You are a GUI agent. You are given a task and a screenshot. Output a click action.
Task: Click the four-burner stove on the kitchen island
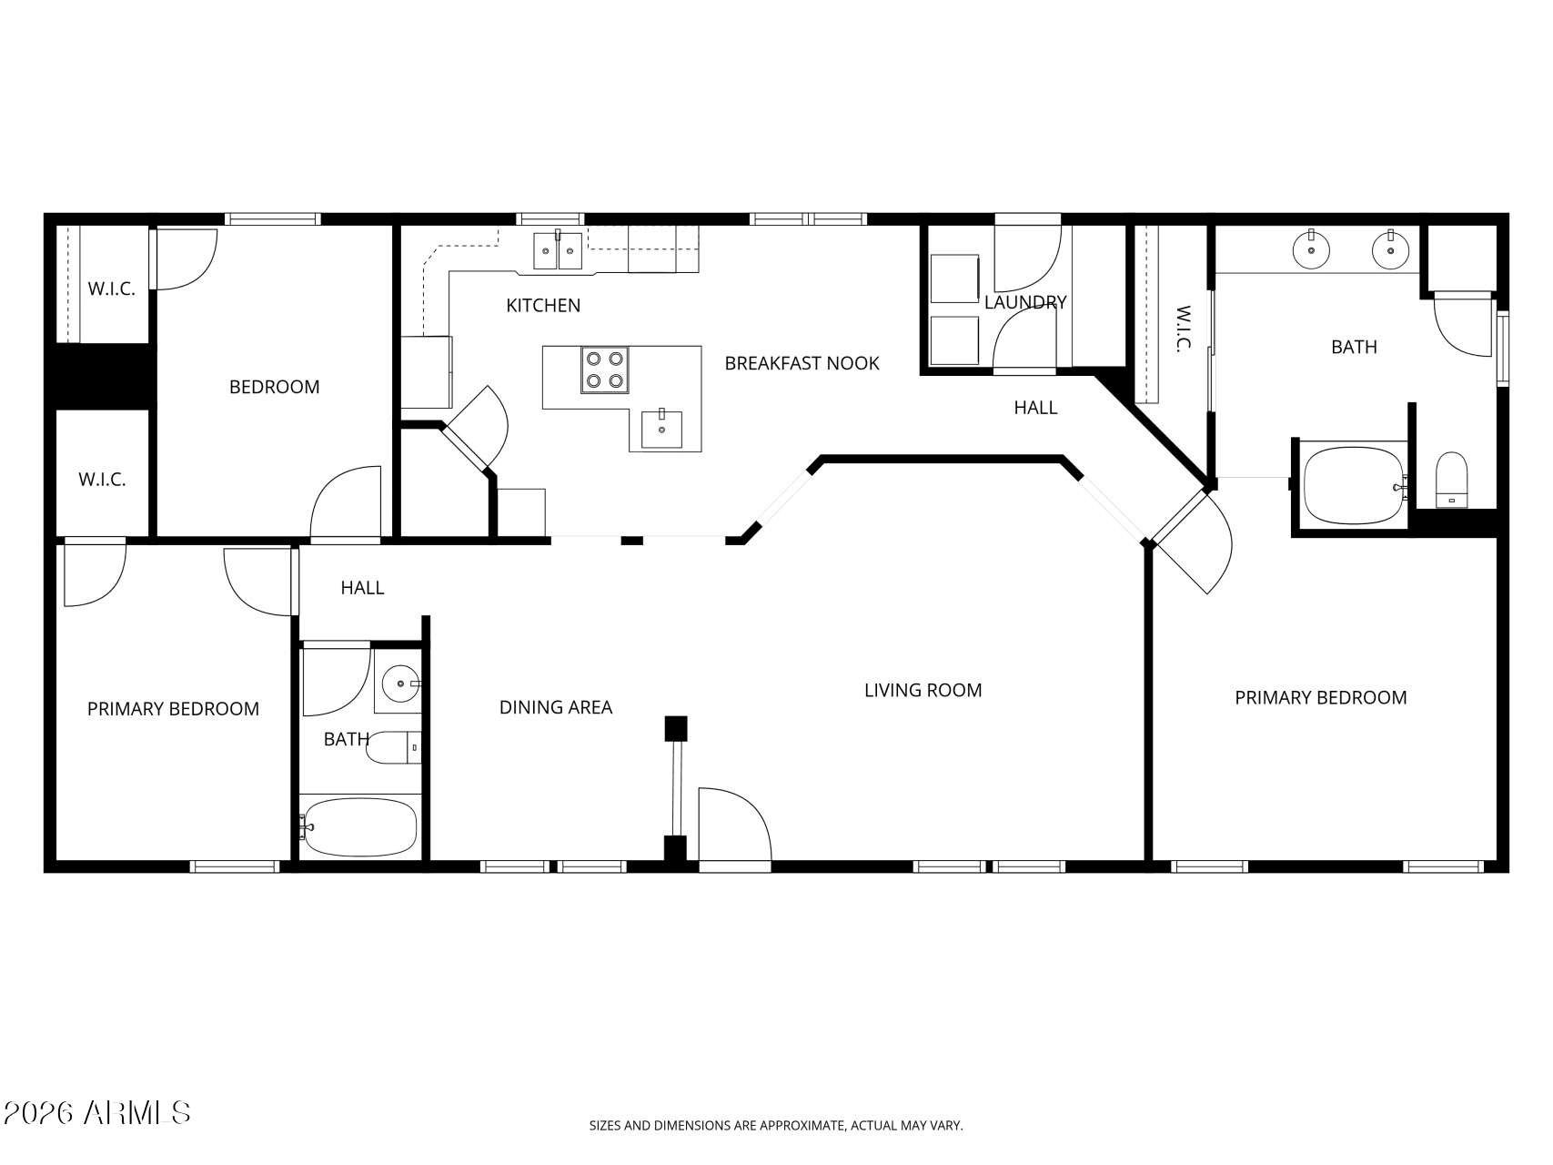605,370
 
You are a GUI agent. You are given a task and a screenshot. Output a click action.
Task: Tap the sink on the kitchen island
661,429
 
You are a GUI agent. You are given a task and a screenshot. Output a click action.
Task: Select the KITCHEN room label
543,306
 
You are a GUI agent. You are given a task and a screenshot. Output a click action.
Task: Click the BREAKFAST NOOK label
802,363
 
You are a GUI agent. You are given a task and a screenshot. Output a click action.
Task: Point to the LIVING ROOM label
923,691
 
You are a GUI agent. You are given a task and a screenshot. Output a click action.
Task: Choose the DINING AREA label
556,707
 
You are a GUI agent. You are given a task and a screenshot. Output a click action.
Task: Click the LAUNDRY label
1025,302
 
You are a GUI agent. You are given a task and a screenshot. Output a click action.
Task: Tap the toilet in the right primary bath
1451,480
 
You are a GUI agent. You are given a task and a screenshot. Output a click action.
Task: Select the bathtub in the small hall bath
359,826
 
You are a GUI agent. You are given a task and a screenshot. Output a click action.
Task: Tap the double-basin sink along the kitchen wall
558,251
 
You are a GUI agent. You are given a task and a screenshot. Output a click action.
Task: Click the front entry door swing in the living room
733,823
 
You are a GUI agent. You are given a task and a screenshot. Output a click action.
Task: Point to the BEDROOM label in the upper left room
274,387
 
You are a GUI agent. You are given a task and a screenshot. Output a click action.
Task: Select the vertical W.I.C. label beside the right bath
1183,329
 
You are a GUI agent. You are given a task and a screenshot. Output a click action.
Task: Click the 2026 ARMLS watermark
96,1112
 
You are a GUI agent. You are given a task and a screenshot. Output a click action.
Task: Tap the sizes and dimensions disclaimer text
776,1126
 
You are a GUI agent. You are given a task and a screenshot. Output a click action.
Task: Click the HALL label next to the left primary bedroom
362,588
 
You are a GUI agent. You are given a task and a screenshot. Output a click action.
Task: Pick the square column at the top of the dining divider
675,729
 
